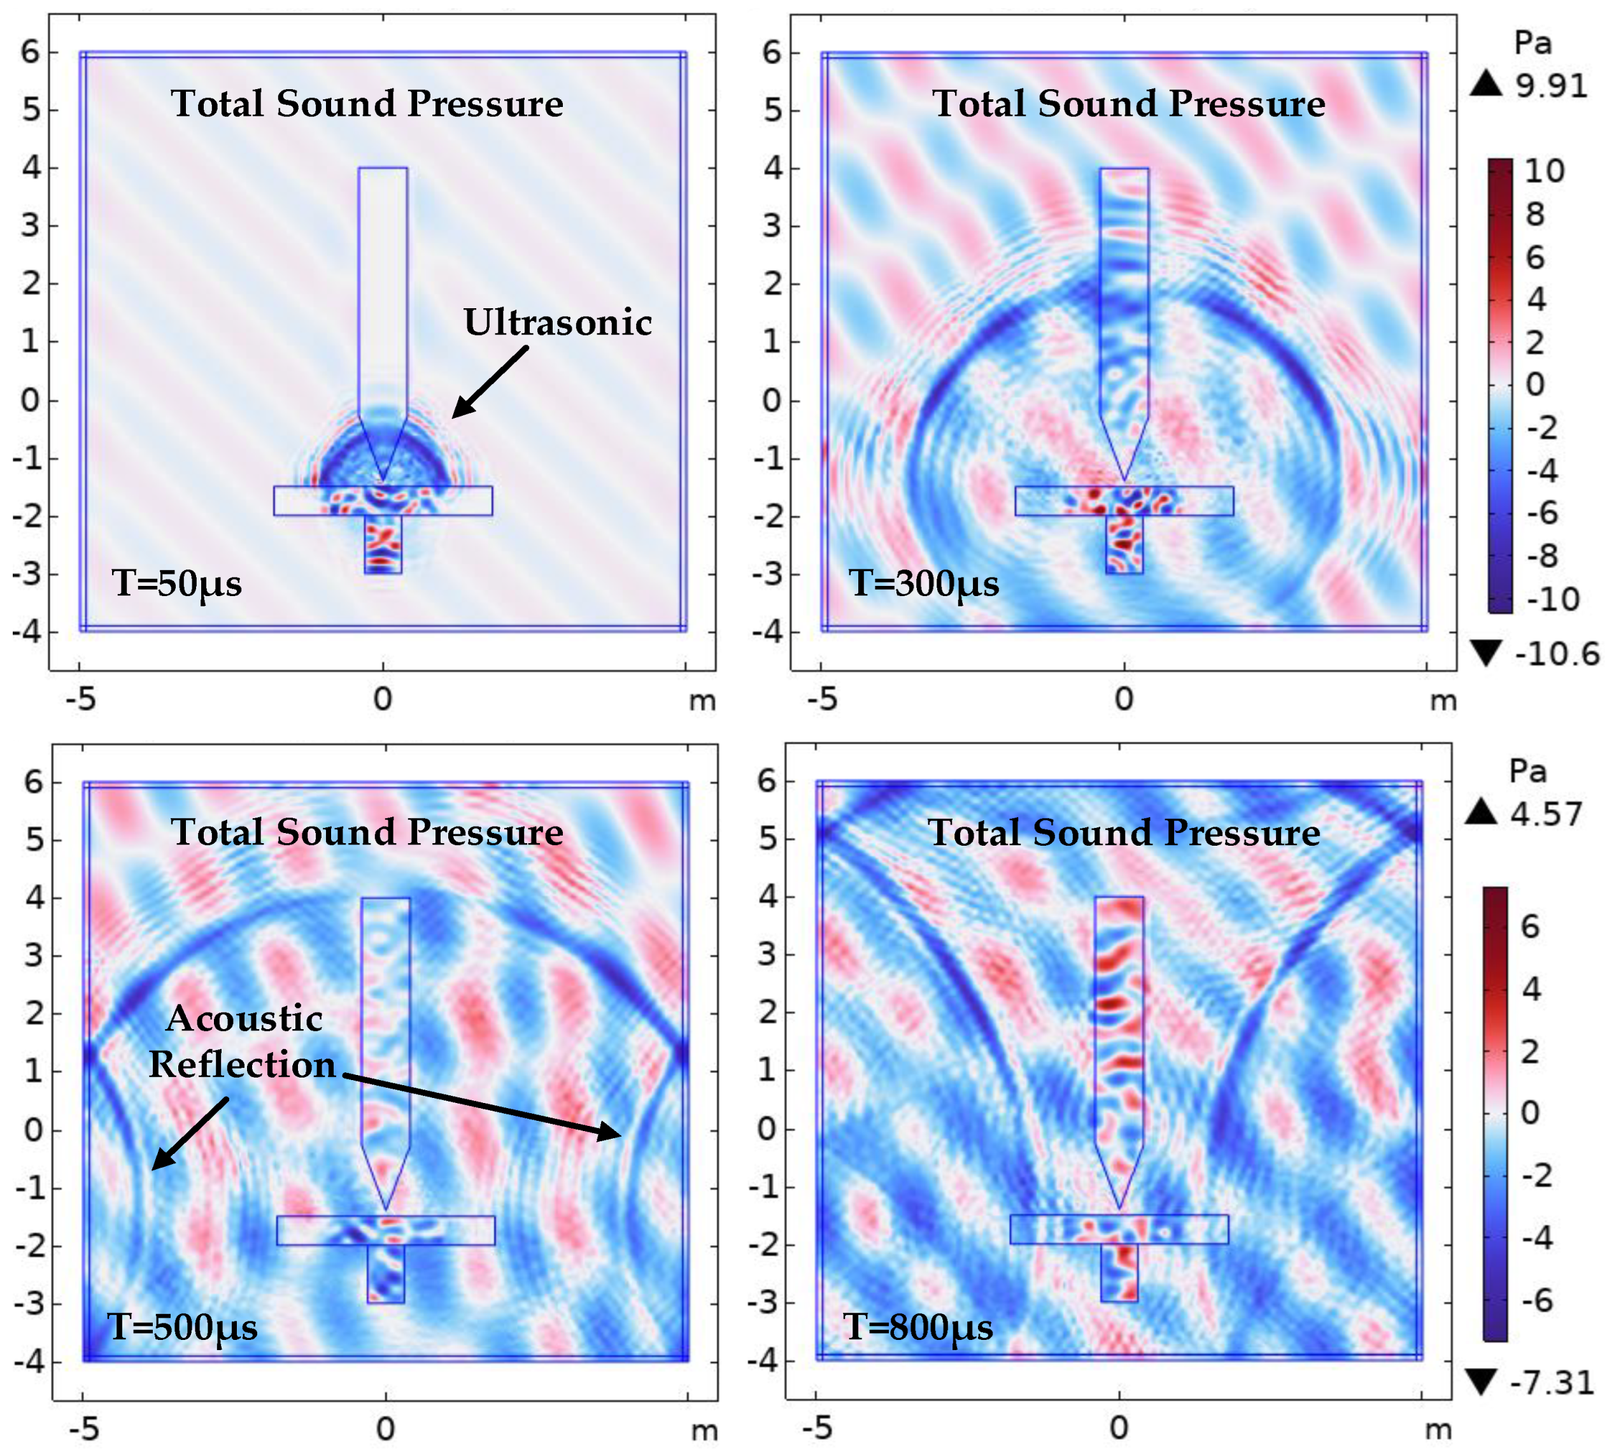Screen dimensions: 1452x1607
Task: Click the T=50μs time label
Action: pyautogui.click(x=176, y=584)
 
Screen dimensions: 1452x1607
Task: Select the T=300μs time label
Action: pyautogui.click(x=923, y=584)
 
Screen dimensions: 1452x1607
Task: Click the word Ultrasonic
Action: pyautogui.click(x=557, y=323)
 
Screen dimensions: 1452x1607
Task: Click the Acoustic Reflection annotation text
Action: pyautogui.click(x=243, y=1041)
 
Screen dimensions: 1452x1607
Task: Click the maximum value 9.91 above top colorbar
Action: pyautogui.click(x=1551, y=85)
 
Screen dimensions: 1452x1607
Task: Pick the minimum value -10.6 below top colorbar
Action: pyautogui.click(x=1556, y=655)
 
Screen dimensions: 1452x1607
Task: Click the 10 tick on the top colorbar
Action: pyautogui.click(x=1544, y=171)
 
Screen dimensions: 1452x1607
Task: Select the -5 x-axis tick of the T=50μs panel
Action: pyautogui.click(x=80, y=699)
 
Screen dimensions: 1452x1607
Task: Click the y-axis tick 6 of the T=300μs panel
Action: pyautogui.click(x=772, y=53)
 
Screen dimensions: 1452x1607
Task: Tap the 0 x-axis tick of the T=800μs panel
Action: pyautogui.click(x=1119, y=1428)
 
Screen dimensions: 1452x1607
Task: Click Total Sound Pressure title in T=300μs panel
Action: pyautogui.click(x=1128, y=104)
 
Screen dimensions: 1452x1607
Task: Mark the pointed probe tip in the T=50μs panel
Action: pyautogui.click(x=383, y=481)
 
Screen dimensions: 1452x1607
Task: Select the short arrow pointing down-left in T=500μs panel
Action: pyautogui.click(x=190, y=1135)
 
